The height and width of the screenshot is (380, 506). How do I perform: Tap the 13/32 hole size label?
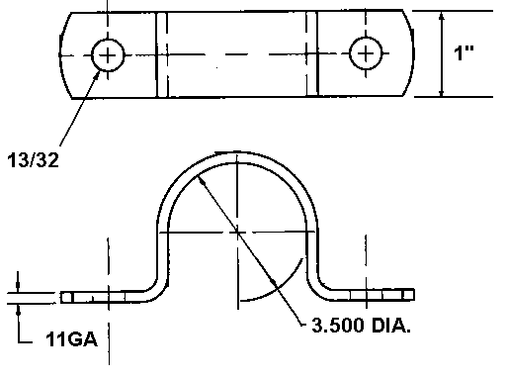[33, 160]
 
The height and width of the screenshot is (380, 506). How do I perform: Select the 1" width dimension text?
[464, 52]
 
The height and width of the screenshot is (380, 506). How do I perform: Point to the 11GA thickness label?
[72, 338]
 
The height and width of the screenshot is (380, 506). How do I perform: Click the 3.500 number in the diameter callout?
[338, 326]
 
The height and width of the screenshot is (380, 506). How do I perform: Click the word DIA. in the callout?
[391, 326]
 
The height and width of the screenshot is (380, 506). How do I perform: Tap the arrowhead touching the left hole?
[97, 74]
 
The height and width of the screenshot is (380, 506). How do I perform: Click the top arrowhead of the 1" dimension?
[442, 17]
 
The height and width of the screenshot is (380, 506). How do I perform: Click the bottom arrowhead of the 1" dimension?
[442, 92]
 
